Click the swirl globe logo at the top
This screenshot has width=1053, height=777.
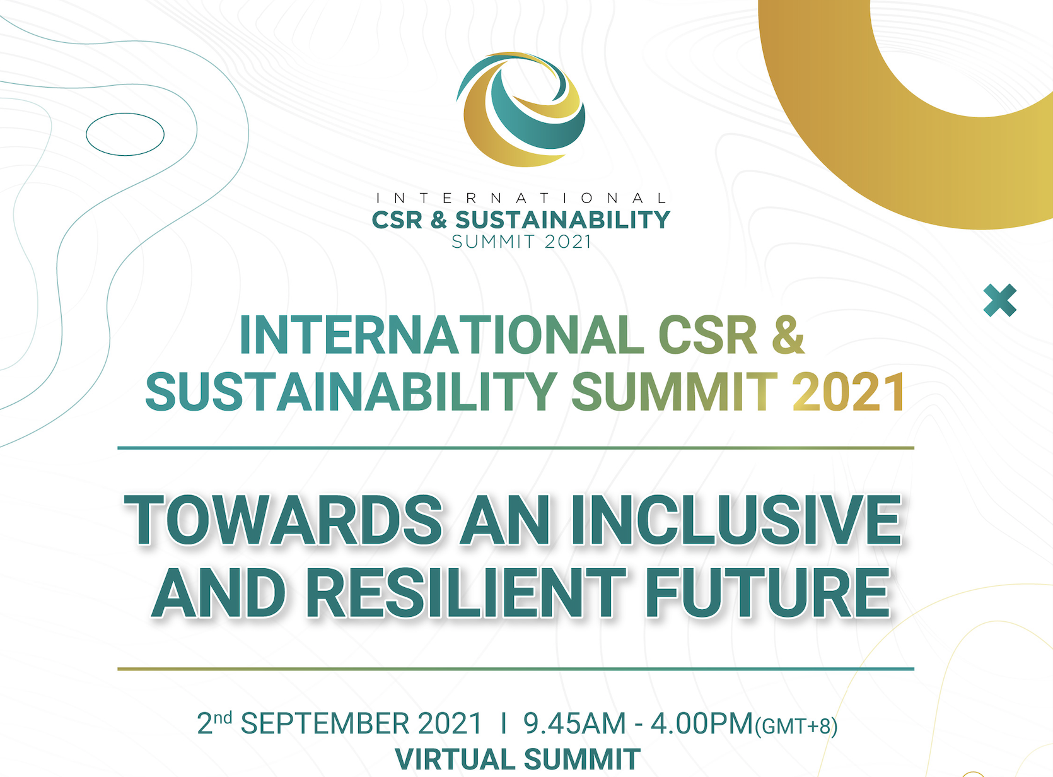[x=521, y=109]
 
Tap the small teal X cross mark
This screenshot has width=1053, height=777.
[x=1000, y=300]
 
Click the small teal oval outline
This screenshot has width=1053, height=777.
[x=125, y=134]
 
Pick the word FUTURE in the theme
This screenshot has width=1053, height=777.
[x=767, y=593]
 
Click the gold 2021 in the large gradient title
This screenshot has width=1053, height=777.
[x=848, y=392]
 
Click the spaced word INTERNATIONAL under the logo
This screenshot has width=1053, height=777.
[x=521, y=198]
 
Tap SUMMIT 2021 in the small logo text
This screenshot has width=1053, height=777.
[x=521, y=242]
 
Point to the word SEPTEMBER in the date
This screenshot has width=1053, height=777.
[x=325, y=724]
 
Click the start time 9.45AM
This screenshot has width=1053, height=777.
[x=574, y=724]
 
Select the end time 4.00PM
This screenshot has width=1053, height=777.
[x=702, y=724]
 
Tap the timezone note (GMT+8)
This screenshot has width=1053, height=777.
[x=796, y=727]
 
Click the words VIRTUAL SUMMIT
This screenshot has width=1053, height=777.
[x=518, y=759]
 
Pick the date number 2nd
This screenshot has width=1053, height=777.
[x=214, y=723]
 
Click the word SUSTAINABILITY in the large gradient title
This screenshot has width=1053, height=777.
[x=351, y=392]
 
